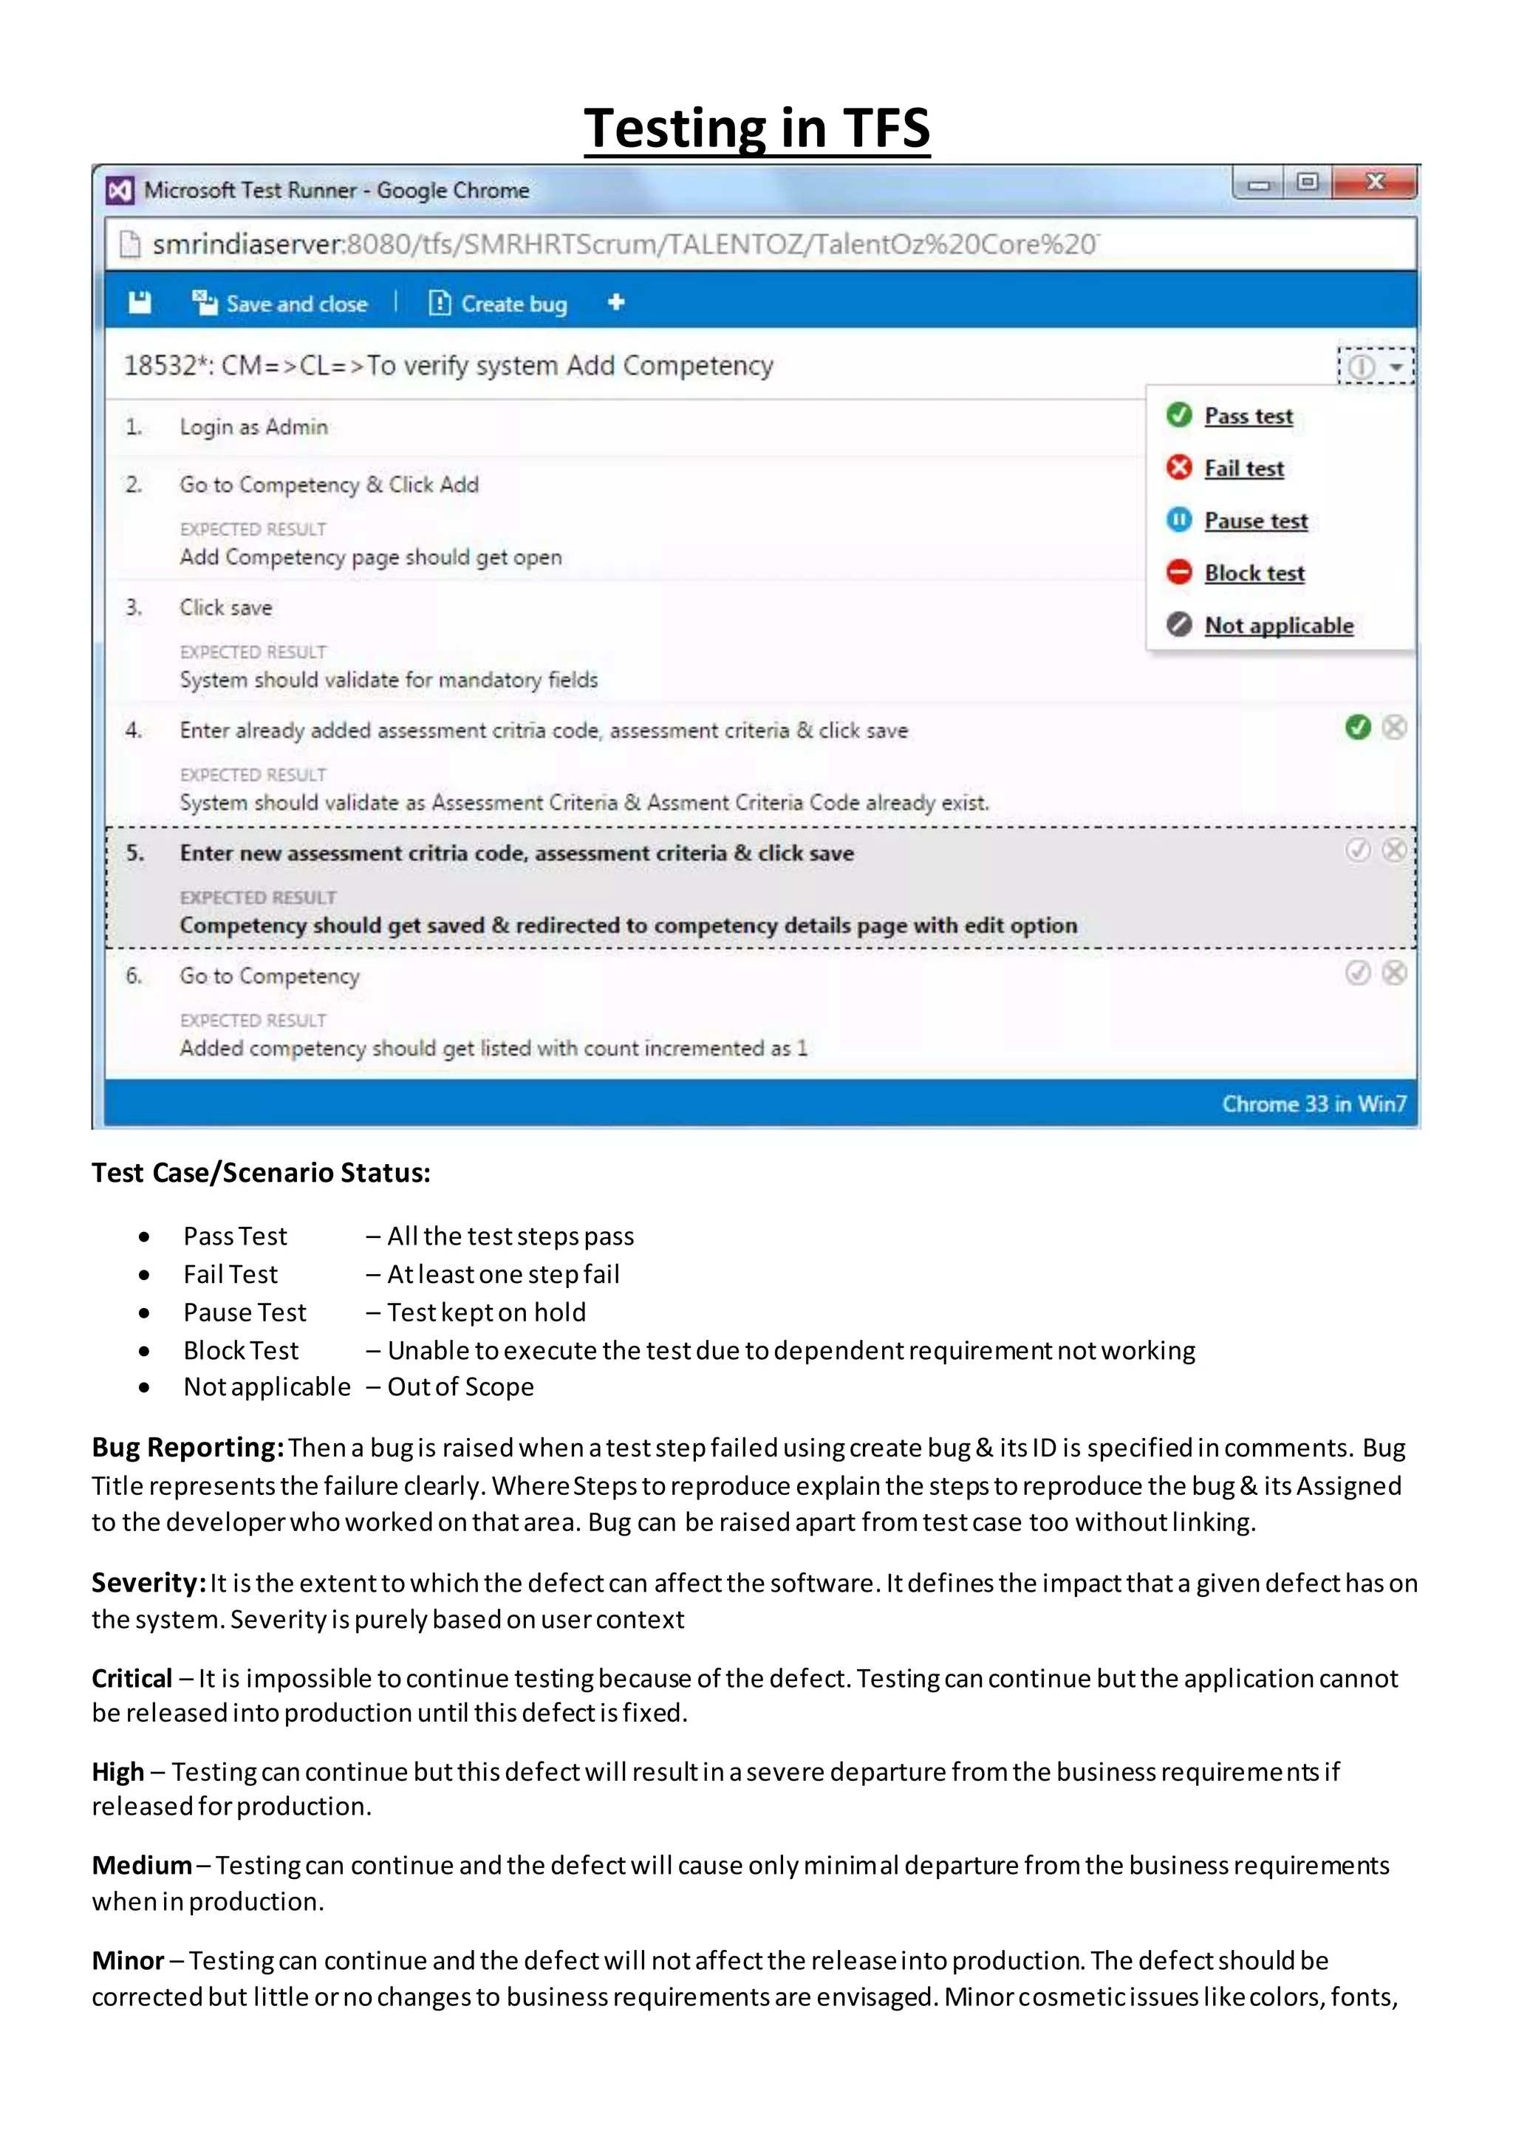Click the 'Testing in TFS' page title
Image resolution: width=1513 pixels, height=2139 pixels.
[756, 128]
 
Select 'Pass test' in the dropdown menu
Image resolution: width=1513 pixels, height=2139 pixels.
[1248, 416]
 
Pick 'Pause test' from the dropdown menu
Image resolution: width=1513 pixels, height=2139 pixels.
[1255, 520]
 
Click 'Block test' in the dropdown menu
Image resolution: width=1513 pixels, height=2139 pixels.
[1253, 573]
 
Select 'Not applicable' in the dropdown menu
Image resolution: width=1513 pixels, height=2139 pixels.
[1277, 625]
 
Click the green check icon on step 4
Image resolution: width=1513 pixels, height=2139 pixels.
[1357, 727]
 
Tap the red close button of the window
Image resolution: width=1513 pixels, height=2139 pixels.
[1374, 182]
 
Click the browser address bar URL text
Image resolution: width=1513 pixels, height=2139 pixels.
[624, 244]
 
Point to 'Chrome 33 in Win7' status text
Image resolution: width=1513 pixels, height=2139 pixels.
[1314, 1104]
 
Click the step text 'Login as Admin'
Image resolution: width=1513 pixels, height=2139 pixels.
[253, 427]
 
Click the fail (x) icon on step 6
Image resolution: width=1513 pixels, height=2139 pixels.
[1394, 973]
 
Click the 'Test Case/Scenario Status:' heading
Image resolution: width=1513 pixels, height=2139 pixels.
[261, 1172]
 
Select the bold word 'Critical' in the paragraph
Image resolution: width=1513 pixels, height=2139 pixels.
[132, 1678]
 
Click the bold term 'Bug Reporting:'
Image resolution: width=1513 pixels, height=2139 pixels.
[186, 1447]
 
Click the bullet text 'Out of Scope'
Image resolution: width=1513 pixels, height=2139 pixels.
[460, 1386]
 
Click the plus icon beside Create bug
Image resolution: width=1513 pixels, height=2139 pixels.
[616, 303]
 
